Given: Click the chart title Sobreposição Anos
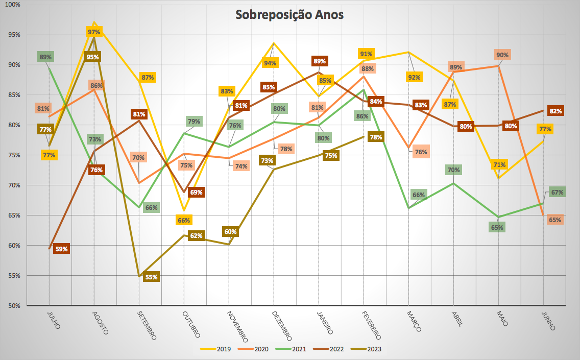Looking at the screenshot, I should pos(289,15).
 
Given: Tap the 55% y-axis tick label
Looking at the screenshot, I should pos(13,276).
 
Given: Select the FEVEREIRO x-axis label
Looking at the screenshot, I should pos(371,325).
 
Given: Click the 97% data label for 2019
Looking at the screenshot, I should pos(94,32).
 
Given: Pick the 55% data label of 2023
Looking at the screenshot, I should pos(152,277).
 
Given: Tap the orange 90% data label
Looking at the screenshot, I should pos(502,55).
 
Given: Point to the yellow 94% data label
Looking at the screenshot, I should pos(270,63).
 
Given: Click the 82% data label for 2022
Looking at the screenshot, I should pos(556,111).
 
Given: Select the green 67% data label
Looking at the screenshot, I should pos(557,193).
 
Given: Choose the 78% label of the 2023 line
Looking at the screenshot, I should pos(376,137).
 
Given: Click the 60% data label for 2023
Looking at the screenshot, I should pos(230,232).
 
